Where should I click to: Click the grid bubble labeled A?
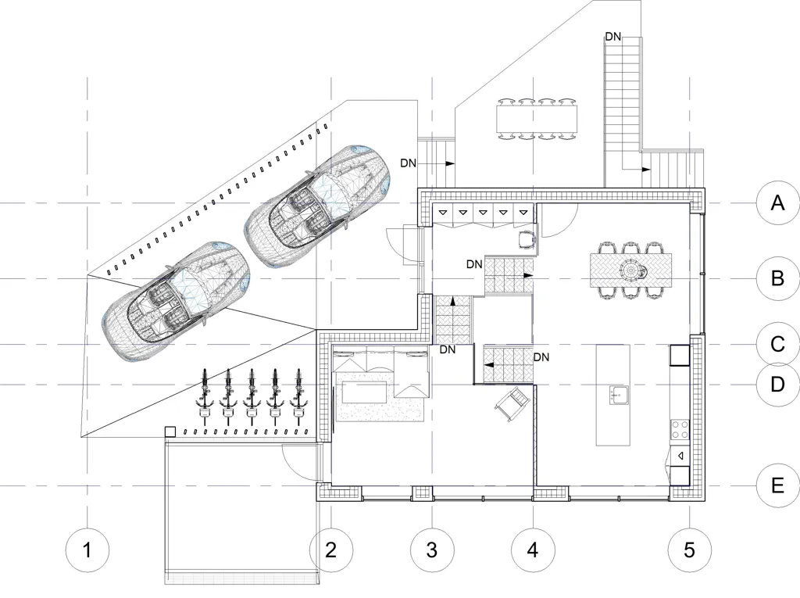coord(777,203)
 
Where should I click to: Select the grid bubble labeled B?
coord(777,278)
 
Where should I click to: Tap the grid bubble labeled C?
coord(777,344)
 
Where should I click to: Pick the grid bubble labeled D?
coord(777,384)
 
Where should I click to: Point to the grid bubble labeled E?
coord(777,485)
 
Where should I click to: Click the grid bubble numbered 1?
coord(87,550)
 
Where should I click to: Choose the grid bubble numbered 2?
coord(331,550)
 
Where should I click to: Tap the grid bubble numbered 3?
coord(432,550)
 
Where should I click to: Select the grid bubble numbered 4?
coord(533,550)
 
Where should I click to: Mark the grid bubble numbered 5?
coord(689,550)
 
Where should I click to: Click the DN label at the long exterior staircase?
coord(613,37)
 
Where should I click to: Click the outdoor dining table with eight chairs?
coord(537,119)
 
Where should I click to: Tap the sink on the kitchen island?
coord(619,395)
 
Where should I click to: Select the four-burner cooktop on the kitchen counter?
coord(680,429)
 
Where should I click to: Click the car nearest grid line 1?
coord(176,301)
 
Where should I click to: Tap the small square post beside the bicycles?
coord(170,432)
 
